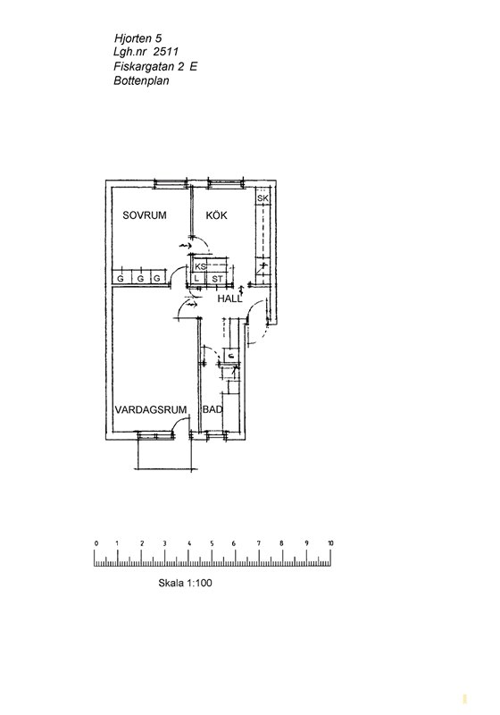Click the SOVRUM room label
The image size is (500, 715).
(x=145, y=215)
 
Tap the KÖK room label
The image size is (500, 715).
(x=217, y=215)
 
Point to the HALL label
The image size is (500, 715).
(x=230, y=299)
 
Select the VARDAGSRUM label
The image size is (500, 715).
(x=151, y=410)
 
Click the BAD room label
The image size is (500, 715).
(x=212, y=410)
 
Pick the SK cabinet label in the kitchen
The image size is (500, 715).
(x=262, y=198)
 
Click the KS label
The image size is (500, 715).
(x=200, y=266)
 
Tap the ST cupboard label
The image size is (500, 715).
(x=218, y=279)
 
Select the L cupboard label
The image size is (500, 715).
(x=197, y=278)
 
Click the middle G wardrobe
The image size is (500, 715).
(x=141, y=278)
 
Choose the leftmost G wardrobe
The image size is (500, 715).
(x=121, y=278)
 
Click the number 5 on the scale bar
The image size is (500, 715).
(x=212, y=543)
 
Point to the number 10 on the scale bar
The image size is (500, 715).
(x=330, y=543)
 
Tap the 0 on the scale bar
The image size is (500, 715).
(x=96, y=543)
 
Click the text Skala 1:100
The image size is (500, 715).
(x=186, y=583)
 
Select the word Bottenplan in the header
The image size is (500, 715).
(x=142, y=80)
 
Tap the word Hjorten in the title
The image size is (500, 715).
(x=132, y=38)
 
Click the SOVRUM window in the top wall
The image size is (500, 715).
(x=171, y=183)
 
